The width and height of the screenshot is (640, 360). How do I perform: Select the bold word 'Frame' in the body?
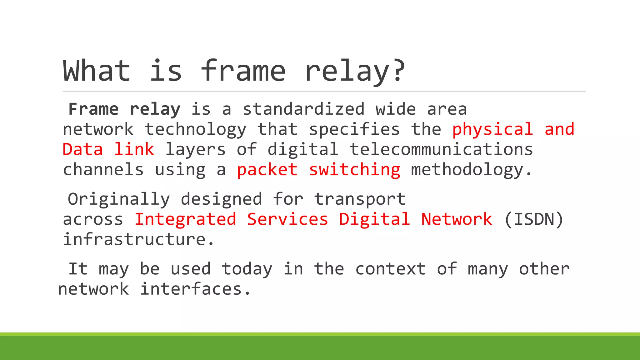(93, 109)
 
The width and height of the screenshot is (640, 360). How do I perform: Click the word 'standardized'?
(303, 109)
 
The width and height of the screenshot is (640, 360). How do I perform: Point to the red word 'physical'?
(492, 129)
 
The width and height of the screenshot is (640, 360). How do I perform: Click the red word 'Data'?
(82, 149)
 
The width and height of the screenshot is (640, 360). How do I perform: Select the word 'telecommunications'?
(441, 149)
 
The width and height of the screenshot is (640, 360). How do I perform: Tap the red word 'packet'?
(267, 170)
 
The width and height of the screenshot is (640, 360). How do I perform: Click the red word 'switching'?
(354, 170)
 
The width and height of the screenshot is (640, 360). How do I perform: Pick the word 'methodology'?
(467, 170)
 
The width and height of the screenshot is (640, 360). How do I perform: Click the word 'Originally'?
(119, 199)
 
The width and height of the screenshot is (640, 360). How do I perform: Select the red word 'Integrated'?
(185, 219)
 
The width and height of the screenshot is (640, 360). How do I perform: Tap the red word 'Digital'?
(374, 219)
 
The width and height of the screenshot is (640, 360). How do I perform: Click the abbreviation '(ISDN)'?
(534, 219)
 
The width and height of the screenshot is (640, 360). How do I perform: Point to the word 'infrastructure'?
(134, 239)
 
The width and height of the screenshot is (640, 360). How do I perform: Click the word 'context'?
(390, 269)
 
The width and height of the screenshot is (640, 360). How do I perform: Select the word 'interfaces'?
(191, 289)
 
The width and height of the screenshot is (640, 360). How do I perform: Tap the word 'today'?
(247, 269)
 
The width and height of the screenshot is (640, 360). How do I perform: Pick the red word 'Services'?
(287, 219)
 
